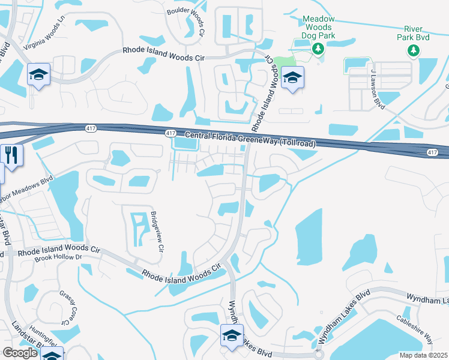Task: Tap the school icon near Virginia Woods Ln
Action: (x=39, y=74)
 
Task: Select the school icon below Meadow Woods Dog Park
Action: (x=293, y=77)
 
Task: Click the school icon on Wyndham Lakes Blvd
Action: (x=232, y=337)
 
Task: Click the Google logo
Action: (x=20, y=353)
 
